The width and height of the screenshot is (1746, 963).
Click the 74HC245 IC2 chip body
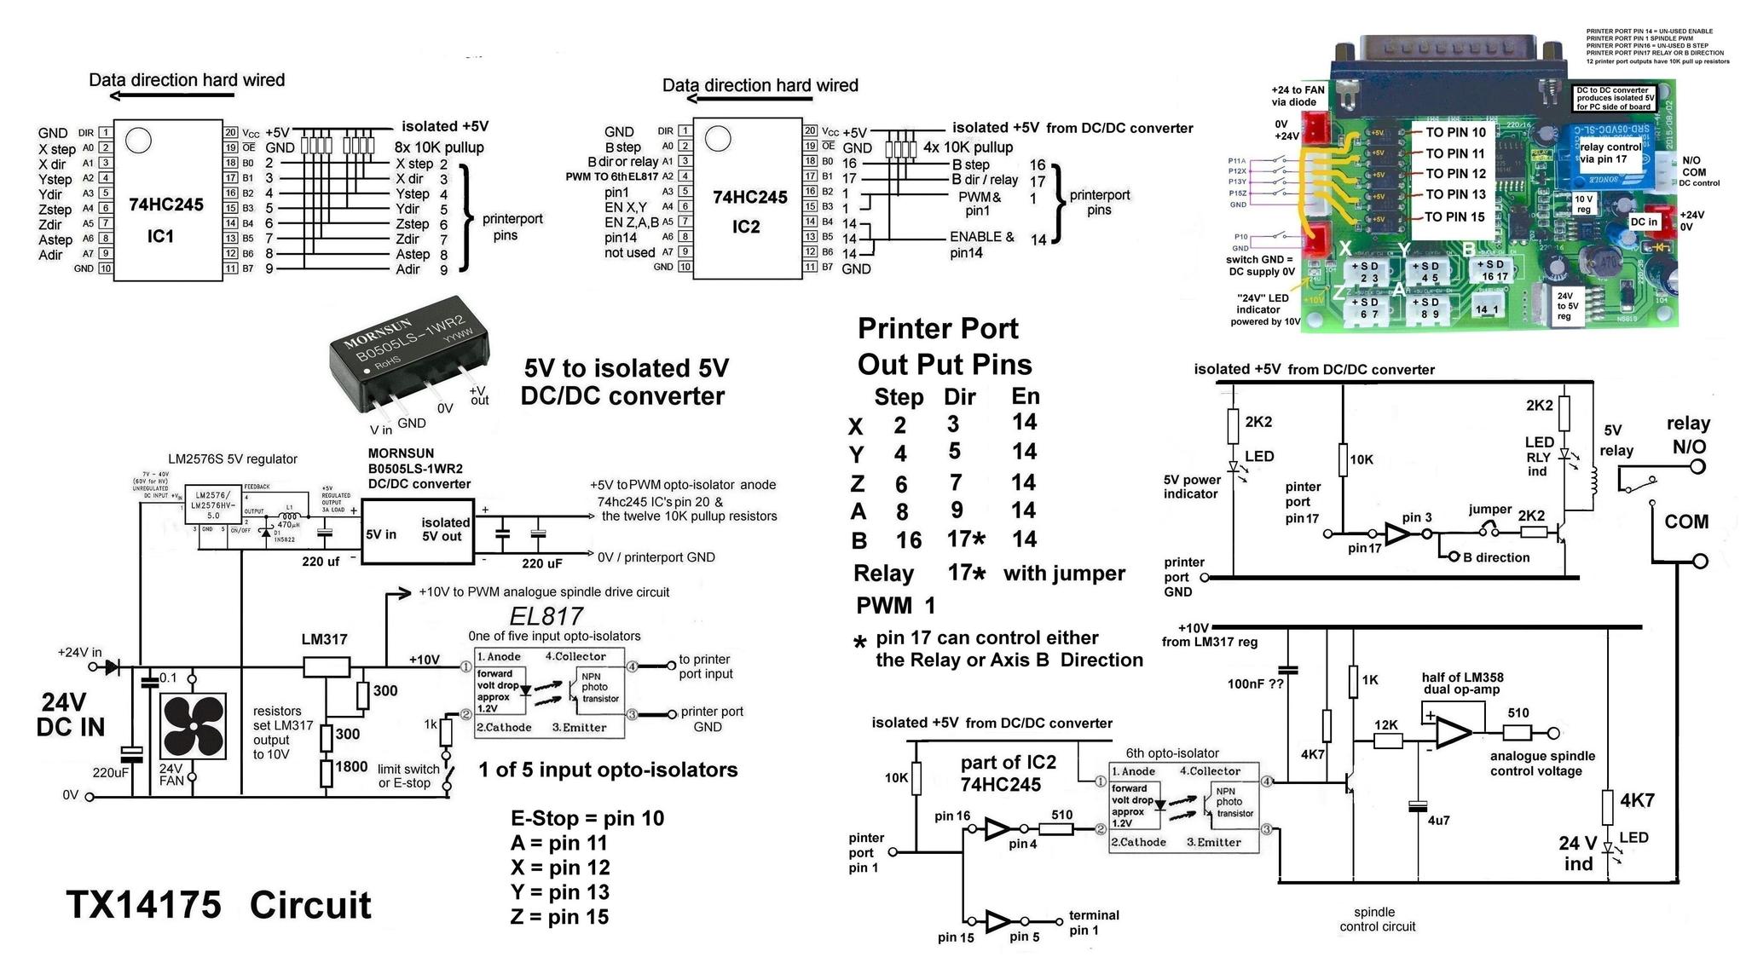click(x=748, y=200)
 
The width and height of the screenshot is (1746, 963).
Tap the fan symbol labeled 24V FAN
click(x=194, y=726)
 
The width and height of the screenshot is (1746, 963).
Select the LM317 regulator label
click(x=324, y=639)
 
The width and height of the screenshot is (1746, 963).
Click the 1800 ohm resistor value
click(x=350, y=767)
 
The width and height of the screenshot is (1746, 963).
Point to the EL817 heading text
click(x=546, y=616)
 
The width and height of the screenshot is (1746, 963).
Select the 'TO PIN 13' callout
click(x=1455, y=194)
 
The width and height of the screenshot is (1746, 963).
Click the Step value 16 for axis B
click(x=908, y=540)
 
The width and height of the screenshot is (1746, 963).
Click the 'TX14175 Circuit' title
click(x=218, y=905)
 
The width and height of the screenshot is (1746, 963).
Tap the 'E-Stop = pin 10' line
click(x=587, y=819)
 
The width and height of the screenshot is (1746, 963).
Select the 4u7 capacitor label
click(x=1438, y=821)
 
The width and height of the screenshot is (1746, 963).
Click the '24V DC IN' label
click(x=70, y=714)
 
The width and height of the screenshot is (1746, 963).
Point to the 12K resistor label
click(x=1386, y=725)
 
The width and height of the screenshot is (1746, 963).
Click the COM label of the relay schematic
click(x=1686, y=522)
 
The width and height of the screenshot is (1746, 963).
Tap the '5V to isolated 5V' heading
click(x=626, y=368)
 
